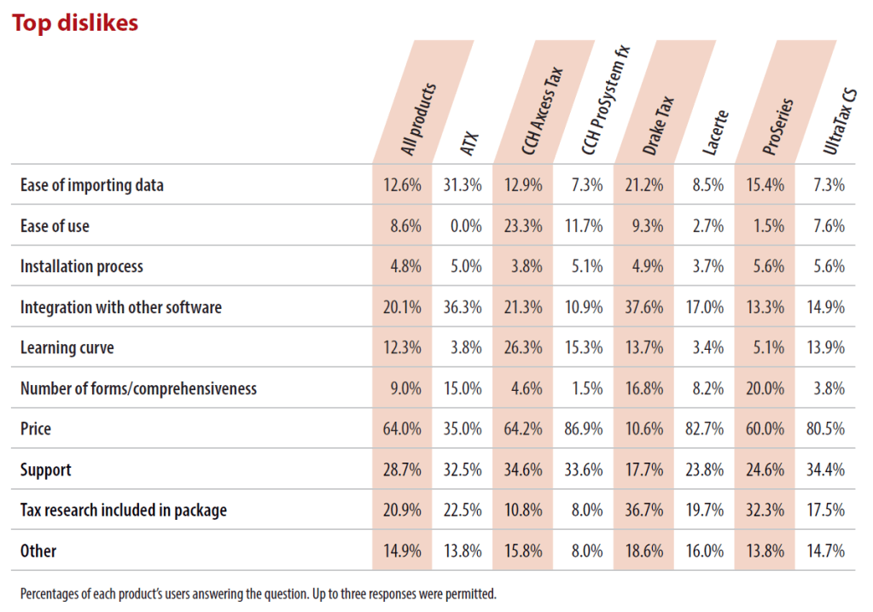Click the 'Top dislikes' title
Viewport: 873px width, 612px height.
click(x=75, y=23)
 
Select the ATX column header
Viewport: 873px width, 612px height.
click(x=469, y=143)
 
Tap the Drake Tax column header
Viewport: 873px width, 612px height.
click(x=658, y=125)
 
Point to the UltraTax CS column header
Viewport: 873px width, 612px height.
click(x=840, y=121)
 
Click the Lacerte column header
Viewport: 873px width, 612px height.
click(x=715, y=132)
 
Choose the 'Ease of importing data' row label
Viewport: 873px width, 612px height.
click(x=92, y=185)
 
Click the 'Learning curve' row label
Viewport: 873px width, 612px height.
click(x=67, y=347)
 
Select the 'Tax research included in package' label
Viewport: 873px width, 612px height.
click(x=124, y=510)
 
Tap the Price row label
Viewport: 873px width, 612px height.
click(x=36, y=428)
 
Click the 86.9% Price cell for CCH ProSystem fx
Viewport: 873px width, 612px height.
click(x=584, y=428)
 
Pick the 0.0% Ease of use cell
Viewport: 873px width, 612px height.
click(x=466, y=225)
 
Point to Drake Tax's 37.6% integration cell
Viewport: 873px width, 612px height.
click(x=644, y=306)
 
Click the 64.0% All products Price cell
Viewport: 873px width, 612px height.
click(x=402, y=428)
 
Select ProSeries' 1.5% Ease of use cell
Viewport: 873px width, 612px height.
click(x=769, y=225)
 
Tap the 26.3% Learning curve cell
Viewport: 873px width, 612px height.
click(x=523, y=347)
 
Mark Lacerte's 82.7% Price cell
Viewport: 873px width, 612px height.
click(x=705, y=428)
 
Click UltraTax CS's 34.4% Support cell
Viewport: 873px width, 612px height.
click(x=826, y=469)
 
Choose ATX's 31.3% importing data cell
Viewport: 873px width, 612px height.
click(x=463, y=185)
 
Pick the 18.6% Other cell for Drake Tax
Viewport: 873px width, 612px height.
click(x=644, y=551)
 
